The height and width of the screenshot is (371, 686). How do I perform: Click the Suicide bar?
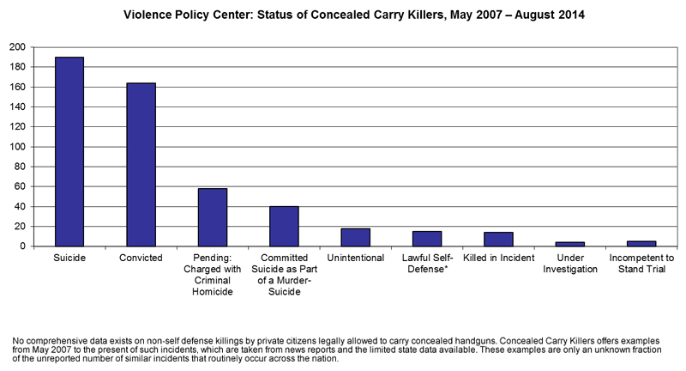click(69, 151)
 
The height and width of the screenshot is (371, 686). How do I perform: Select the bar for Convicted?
click(141, 164)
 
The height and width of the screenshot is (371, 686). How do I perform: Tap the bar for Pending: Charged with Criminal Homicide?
click(213, 217)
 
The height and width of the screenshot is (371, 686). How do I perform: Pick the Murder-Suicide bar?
click(284, 226)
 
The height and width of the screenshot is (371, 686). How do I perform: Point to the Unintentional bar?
click(355, 237)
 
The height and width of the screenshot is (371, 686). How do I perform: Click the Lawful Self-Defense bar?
click(427, 239)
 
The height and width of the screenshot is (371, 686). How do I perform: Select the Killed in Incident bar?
click(498, 240)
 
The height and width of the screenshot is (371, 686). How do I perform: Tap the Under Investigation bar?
click(569, 244)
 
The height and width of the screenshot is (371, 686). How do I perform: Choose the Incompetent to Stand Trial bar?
click(641, 244)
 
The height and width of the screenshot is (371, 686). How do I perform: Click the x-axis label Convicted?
click(141, 258)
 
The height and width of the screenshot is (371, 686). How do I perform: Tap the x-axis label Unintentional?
click(355, 258)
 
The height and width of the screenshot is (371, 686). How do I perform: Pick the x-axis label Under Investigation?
click(569, 263)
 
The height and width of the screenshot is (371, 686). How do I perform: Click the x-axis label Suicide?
click(69, 258)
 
